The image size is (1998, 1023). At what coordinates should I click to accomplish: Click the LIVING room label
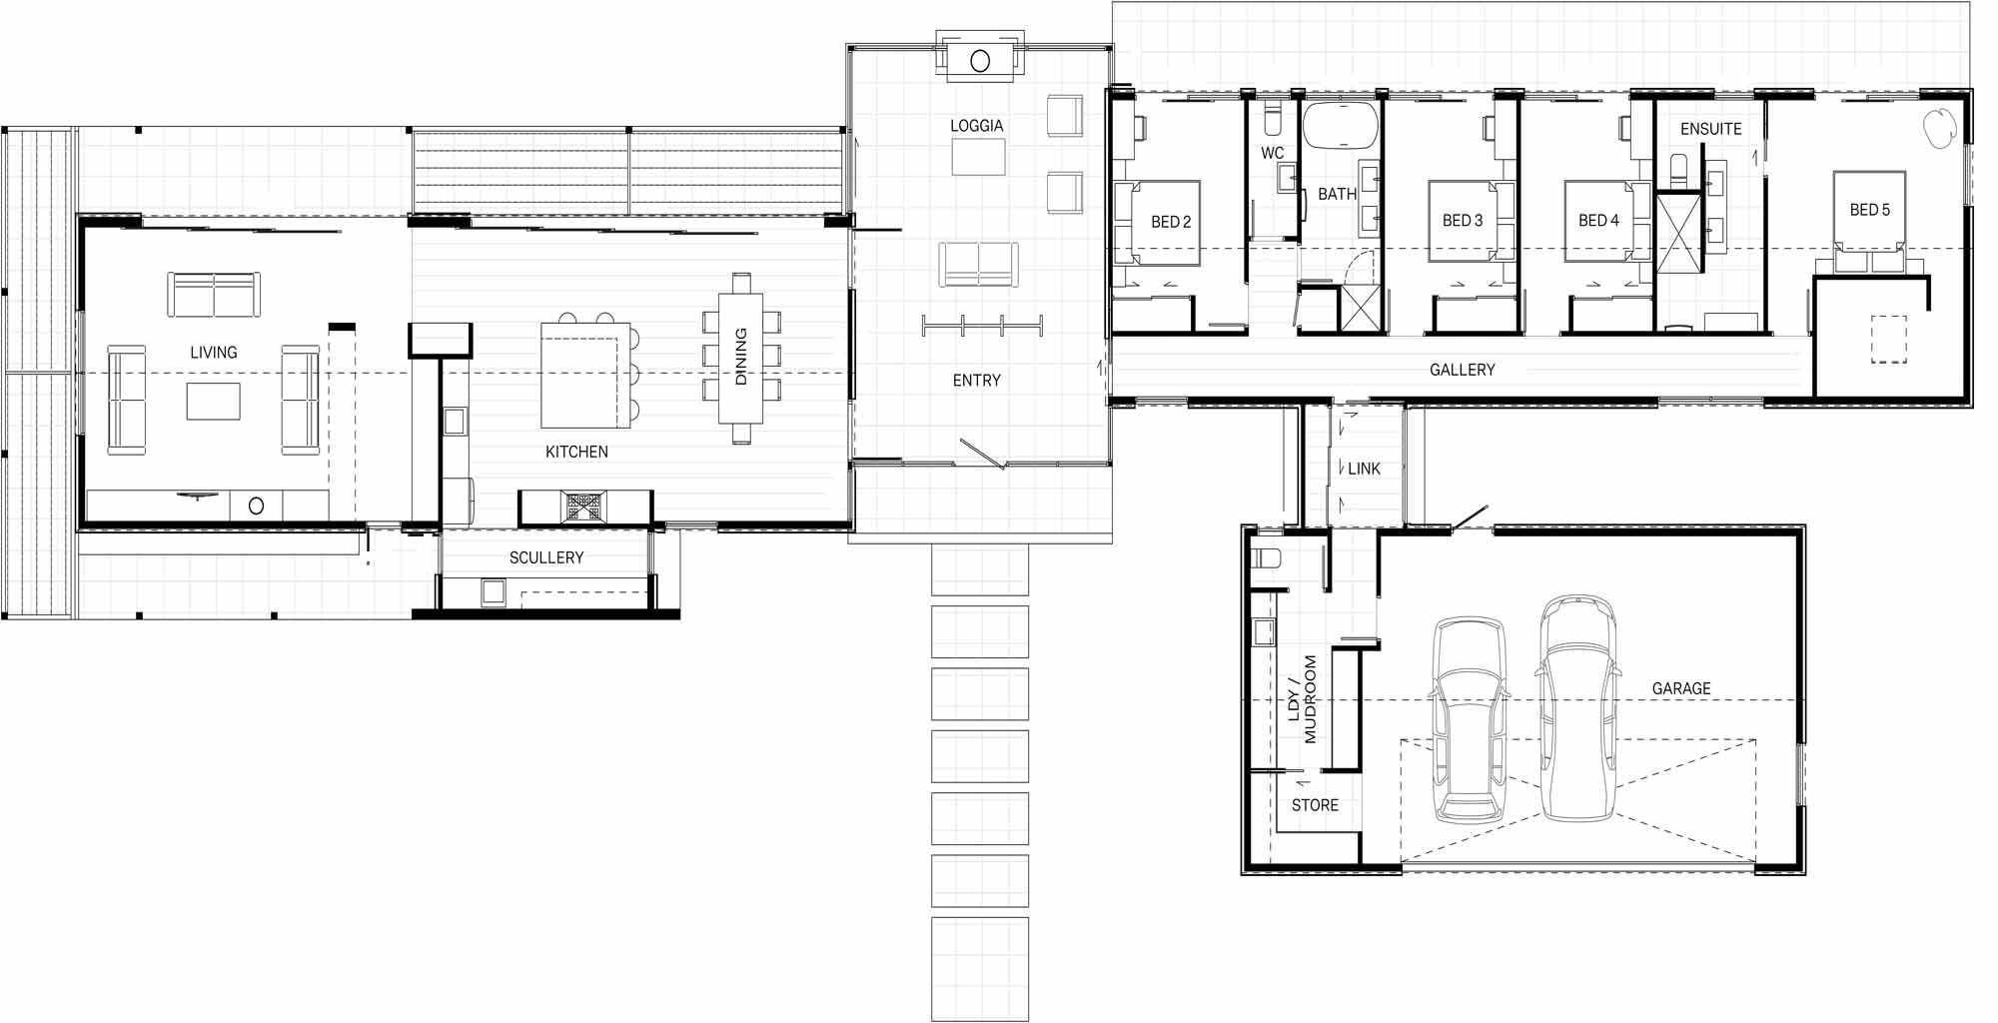click(x=214, y=353)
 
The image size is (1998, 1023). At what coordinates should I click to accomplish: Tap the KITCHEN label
click(x=576, y=453)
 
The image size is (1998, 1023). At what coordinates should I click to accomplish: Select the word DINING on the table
click(x=741, y=357)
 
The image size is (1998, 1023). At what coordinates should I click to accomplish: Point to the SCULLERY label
click(x=546, y=557)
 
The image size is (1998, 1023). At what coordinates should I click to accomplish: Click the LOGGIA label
click(x=977, y=126)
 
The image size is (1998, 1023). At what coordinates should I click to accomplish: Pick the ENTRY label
click(x=977, y=381)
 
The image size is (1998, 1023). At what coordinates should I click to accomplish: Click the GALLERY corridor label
click(x=1463, y=370)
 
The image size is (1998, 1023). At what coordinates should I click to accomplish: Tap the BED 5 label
click(x=1870, y=210)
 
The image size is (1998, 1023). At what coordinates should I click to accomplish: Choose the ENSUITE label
click(x=1711, y=129)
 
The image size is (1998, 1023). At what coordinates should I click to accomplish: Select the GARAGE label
click(x=1681, y=688)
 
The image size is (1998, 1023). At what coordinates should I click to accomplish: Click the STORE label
click(x=1315, y=805)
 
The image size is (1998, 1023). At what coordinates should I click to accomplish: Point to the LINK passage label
click(x=1364, y=469)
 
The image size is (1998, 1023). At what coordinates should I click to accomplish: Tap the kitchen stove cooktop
click(x=582, y=507)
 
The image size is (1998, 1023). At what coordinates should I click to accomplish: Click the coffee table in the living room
click(x=213, y=401)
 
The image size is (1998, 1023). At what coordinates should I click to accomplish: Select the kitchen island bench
click(x=586, y=375)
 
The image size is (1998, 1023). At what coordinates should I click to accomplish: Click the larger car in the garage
click(x=1577, y=708)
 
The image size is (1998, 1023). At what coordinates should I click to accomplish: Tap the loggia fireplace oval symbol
click(x=980, y=61)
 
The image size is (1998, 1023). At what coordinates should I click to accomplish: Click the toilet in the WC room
click(x=1273, y=119)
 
